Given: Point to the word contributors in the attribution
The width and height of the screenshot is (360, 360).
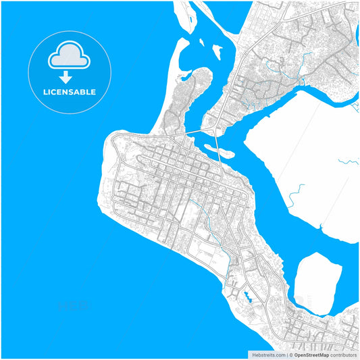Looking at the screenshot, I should [343, 354].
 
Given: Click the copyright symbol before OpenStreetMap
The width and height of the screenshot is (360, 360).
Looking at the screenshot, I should [291, 354].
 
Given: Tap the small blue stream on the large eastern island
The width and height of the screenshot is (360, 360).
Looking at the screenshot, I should [349, 161].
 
